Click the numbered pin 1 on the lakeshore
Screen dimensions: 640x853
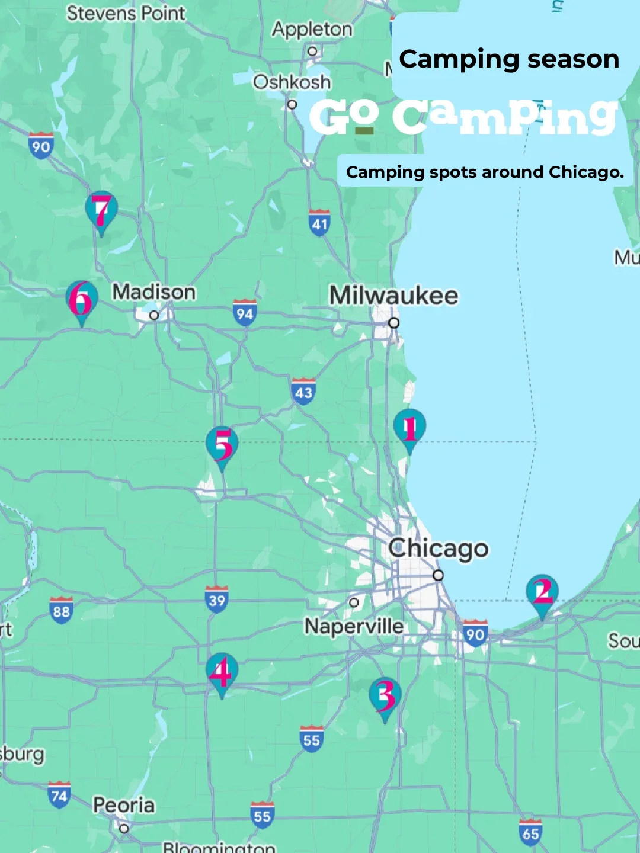409,428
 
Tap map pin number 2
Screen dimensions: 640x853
542,592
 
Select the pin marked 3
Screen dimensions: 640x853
385,696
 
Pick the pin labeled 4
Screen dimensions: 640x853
222,672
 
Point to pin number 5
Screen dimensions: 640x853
222,445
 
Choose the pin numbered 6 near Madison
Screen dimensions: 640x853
82,300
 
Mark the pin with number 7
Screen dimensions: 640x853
101,210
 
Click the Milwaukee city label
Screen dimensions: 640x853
393,295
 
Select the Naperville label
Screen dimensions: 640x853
354,626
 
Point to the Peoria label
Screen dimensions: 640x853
124,805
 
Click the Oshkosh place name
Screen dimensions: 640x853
292,82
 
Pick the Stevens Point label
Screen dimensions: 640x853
126,12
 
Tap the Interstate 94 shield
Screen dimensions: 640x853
245,313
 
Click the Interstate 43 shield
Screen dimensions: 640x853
303,392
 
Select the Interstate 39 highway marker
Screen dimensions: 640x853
217,599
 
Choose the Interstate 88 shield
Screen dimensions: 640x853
61,610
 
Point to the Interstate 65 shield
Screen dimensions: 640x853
530,833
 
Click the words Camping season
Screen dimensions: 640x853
509,59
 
